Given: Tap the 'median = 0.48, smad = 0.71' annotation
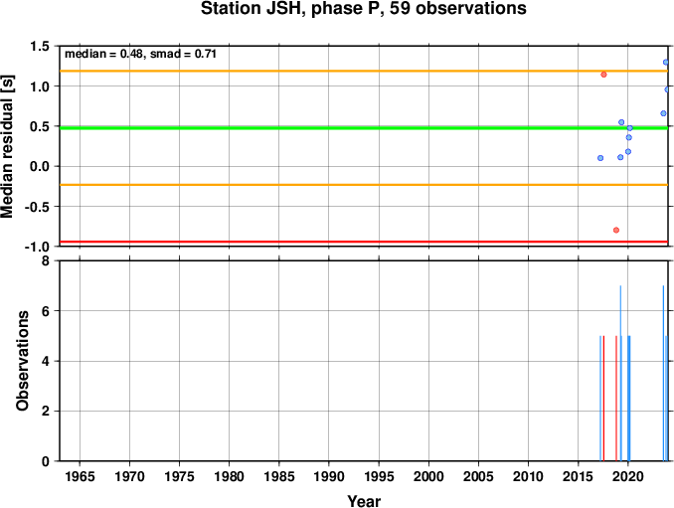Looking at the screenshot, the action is [x=140, y=54].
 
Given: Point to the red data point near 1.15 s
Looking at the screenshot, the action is [x=603, y=75].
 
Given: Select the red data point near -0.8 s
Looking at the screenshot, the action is [x=616, y=230].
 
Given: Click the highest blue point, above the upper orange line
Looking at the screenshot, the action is [x=666, y=63].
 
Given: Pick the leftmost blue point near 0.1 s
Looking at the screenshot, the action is [x=600, y=158].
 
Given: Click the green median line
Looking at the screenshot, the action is [x=364, y=127].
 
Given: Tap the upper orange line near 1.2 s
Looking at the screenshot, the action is [x=364, y=71].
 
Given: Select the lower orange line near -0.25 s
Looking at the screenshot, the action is [x=364, y=185].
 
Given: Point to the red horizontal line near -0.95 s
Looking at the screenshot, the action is [x=364, y=242].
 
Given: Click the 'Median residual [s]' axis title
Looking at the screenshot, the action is [x=7, y=146].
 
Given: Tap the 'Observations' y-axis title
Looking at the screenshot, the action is [x=22, y=361].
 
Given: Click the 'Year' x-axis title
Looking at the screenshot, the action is [x=364, y=501].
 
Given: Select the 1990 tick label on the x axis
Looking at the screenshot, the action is [x=329, y=476].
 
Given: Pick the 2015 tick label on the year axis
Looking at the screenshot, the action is [x=579, y=476].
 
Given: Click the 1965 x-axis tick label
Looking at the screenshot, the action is [x=80, y=476].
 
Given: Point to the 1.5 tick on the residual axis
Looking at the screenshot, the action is [x=40, y=46].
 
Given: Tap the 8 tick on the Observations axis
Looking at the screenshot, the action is [x=46, y=260].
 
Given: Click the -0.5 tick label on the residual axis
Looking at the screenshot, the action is [x=37, y=207].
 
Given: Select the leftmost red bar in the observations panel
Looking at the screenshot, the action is [x=603, y=399].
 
